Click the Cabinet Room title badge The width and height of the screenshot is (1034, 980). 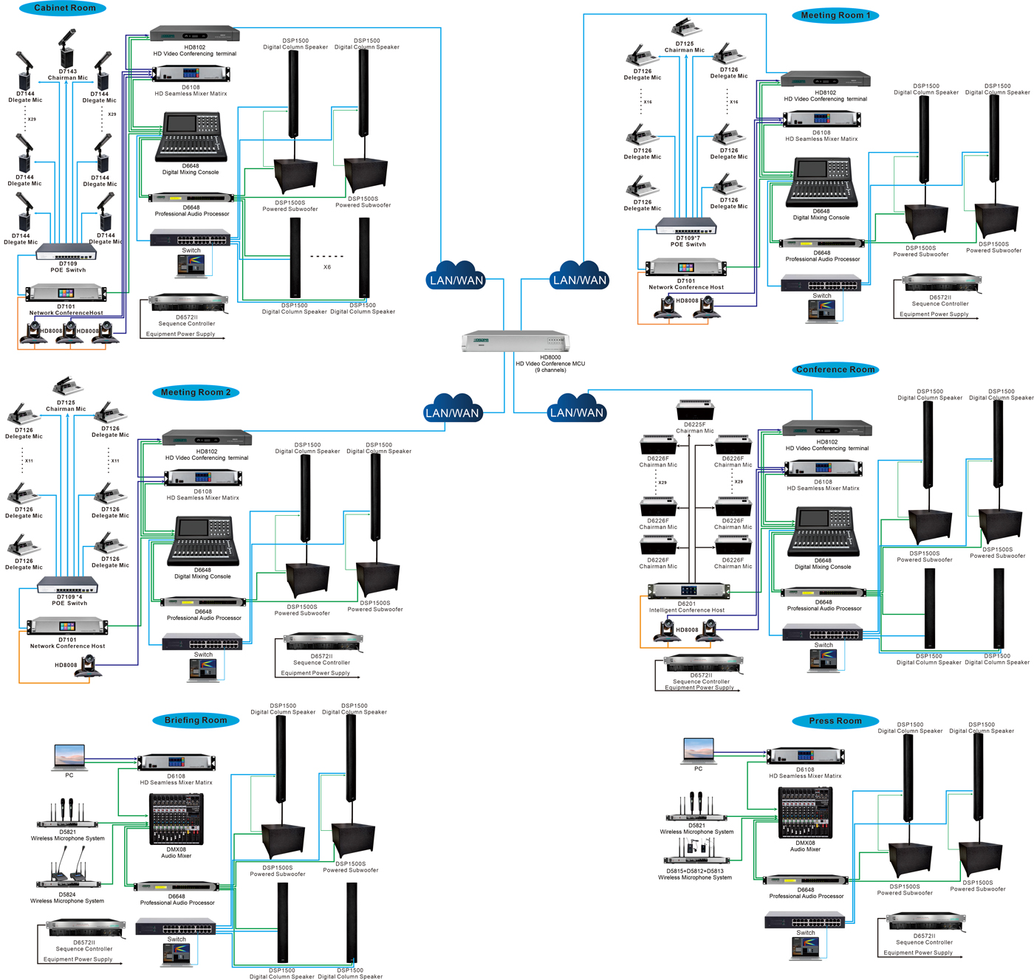pyautogui.click(x=64, y=8)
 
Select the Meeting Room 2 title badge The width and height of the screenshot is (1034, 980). pyautogui.click(x=196, y=393)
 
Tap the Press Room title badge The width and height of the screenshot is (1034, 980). pyautogui.click(x=835, y=721)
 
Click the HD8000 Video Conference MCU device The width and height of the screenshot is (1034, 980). pyautogui.click(x=516, y=342)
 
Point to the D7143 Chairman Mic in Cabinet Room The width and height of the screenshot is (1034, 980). pyautogui.click(x=67, y=50)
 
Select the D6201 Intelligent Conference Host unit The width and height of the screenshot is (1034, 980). pyautogui.click(x=688, y=590)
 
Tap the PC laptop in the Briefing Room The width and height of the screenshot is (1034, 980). pyautogui.click(x=69, y=757)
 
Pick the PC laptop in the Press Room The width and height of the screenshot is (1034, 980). pyautogui.click(x=698, y=750)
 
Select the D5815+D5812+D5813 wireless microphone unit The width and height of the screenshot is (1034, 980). pyautogui.click(x=696, y=852)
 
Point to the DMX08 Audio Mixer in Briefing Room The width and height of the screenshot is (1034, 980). pyautogui.click(x=176, y=819)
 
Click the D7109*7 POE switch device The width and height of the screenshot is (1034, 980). pyautogui.click(x=686, y=226)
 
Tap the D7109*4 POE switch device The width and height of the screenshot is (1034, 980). pyautogui.click(x=68, y=586)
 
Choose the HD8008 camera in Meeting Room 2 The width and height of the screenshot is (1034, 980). pyautogui.click(x=89, y=666)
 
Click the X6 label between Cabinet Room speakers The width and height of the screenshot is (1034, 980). pyautogui.click(x=327, y=267)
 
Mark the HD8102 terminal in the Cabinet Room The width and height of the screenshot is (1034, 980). pyautogui.click(x=194, y=34)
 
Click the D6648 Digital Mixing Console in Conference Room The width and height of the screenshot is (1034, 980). pyautogui.click(x=823, y=531)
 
